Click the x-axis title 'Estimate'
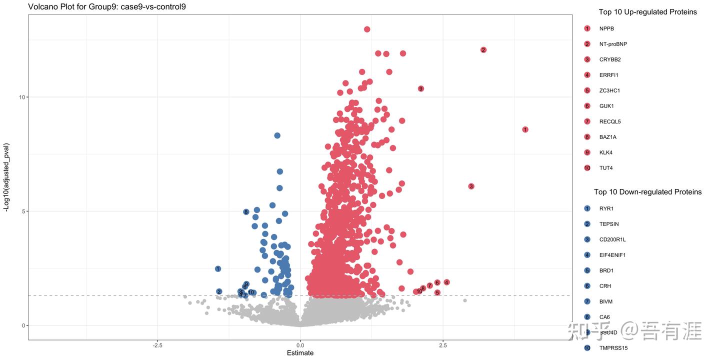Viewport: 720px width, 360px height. coord(300,353)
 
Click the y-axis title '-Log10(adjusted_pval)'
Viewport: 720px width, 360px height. coord(7,177)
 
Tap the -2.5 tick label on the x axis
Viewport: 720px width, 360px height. coord(157,345)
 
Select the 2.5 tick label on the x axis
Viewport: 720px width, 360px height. coord(442,345)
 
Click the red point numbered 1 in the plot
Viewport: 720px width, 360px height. coord(525,129)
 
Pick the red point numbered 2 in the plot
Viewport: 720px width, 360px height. coord(483,50)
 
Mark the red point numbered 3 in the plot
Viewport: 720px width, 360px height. coord(471,186)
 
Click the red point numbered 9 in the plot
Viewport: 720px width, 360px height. coord(421,88)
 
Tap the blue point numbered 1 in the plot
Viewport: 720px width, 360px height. coord(218,269)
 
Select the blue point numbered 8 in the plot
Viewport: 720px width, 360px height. coord(246,212)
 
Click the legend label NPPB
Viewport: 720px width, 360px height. coord(606,28)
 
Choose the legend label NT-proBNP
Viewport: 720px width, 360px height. coord(613,44)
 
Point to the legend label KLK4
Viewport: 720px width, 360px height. coord(606,152)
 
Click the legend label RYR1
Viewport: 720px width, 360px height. coord(606,208)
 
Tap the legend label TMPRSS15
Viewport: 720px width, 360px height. coord(613,348)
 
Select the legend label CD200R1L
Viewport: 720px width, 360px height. coord(612,239)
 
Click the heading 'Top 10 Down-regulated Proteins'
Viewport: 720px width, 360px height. coord(647,192)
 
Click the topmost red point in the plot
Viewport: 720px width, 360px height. coord(367,29)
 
